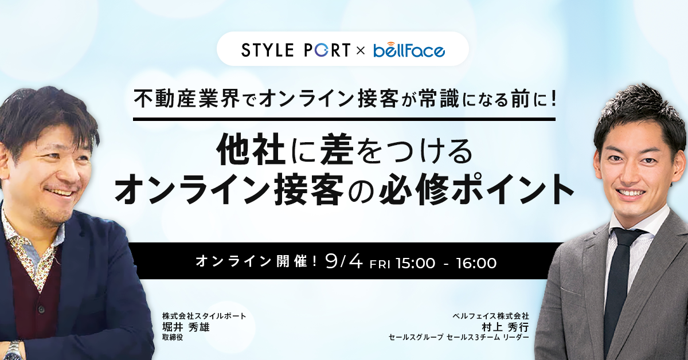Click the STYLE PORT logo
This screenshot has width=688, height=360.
pos(295,50)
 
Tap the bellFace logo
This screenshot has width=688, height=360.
pos(409,50)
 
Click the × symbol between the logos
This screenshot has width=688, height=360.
pos(361,50)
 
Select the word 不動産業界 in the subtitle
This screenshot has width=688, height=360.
pos(187,99)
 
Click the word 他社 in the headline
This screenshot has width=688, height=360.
pos(251,150)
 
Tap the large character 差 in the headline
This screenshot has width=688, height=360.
pos(337,150)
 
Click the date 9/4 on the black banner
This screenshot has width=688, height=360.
pos(344,262)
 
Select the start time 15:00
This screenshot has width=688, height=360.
pos(415,263)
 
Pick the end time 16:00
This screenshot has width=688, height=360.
pos(476,263)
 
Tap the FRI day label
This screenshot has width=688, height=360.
pos(380,264)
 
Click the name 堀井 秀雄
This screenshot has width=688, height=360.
pos(186,327)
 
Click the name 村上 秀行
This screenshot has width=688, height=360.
pos(505,327)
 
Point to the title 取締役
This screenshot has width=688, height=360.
pos(173,337)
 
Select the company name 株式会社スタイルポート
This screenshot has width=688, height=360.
pos(204,316)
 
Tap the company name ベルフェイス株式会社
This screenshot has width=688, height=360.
pos(491,316)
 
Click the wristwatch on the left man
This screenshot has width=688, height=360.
pos(14,350)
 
